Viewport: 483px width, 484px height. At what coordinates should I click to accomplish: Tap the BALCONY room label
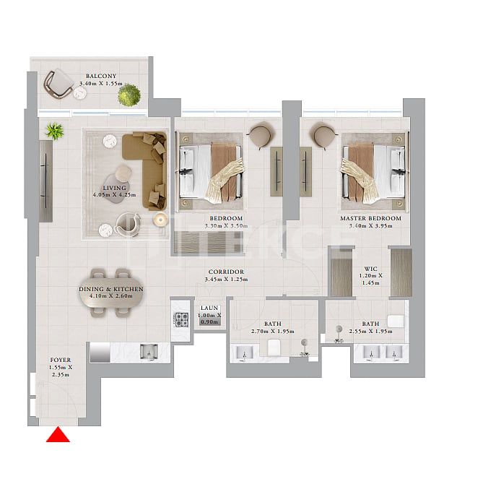[101, 76]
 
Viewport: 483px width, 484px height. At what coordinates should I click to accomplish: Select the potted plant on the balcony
[129, 95]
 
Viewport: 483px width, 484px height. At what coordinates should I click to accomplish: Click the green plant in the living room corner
[53, 131]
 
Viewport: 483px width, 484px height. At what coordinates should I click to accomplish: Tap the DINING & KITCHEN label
[111, 289]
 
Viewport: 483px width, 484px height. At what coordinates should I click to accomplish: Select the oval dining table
[111, 292]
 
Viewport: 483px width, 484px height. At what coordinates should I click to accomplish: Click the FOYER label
[61, 360]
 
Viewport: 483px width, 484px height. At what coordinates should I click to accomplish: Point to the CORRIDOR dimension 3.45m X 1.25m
[225, 279]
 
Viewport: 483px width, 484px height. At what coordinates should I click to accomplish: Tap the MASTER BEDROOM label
[370, 218]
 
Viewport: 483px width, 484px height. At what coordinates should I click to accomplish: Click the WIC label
[370, 268]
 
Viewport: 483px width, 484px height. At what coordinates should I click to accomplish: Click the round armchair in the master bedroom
[324, 135]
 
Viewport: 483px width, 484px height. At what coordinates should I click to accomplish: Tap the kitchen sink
[149, 352]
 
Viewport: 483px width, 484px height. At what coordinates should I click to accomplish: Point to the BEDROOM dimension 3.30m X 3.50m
[226, 226]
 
